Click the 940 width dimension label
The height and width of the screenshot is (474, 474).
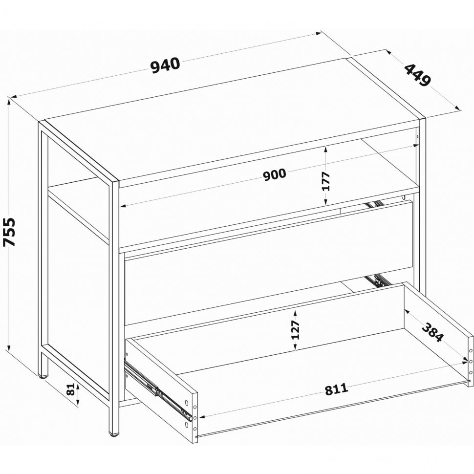coord(165,65)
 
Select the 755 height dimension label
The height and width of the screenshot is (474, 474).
coord(9,232)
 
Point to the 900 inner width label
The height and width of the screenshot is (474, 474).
coord(274,175)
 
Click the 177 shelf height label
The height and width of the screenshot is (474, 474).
coord(325,181)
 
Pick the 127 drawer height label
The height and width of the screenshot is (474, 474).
coord(295,329)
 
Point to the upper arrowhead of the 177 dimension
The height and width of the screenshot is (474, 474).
coord(325,149)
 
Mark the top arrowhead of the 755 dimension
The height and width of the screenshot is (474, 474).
coord(9,102)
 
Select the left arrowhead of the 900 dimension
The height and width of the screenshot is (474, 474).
coord(123,207)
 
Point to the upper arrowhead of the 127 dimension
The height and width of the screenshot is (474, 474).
coord(295,313)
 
